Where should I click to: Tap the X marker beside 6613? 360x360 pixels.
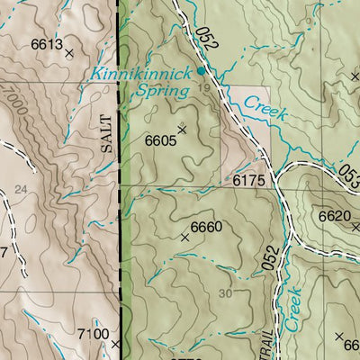point(69,53)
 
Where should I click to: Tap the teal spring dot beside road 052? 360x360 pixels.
point(200,69)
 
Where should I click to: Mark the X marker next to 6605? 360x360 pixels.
point(182,130)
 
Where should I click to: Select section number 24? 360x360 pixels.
point(21,189)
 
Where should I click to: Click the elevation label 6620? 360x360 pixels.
point(333,216)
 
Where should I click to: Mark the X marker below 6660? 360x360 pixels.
point(185,238)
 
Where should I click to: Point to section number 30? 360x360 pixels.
point(224,293)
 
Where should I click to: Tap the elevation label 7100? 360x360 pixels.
point(92,334)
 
